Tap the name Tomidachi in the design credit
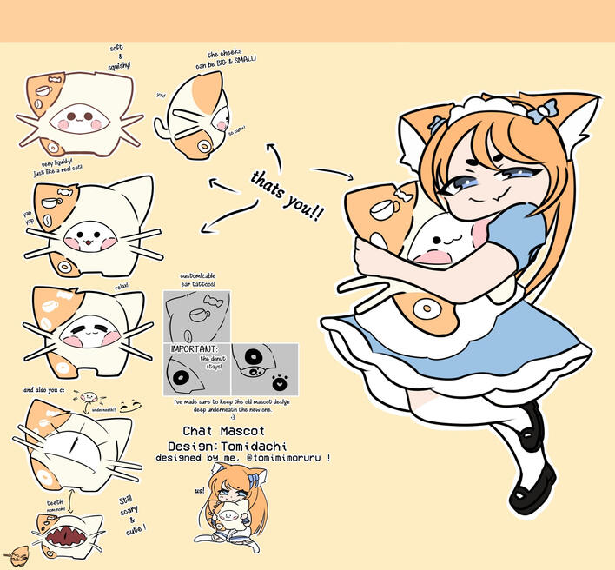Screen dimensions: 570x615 pos(253,444)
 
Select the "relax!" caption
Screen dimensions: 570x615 pos(121,285)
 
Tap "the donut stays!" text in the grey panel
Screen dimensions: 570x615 pos(211,362)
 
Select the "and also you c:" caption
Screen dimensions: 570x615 pos(41,390)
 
